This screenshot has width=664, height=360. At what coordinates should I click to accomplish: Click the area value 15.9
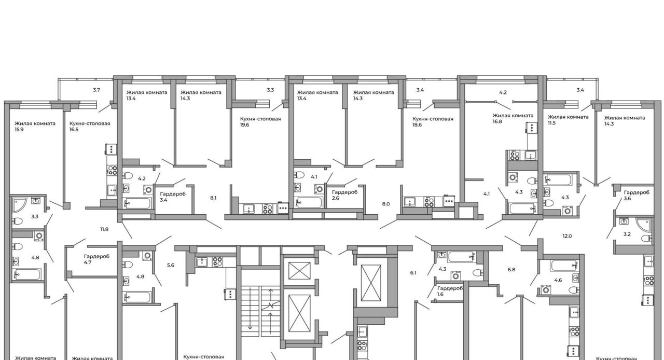[x=19, y=130]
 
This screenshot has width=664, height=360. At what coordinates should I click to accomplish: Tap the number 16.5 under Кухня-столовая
[x=74, y=130]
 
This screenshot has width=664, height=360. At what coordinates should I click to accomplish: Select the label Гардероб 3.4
[x=173, y=197]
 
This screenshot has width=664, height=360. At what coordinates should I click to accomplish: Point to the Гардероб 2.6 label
[x=345, y=195]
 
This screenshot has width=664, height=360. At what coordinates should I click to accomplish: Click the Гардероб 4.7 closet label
[x=96, y=259]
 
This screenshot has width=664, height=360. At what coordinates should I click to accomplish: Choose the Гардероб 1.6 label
[x=450, y=291]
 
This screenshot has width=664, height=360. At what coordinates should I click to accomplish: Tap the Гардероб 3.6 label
[x=637, y=196]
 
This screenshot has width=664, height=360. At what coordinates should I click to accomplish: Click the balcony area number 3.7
[x=96, y=90]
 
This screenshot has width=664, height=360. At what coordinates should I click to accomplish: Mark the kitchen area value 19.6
[x=244, y=125]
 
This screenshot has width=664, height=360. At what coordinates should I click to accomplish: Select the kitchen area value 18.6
[x=417, y=125]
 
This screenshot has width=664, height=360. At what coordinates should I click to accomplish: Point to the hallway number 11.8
[x=104, y=229]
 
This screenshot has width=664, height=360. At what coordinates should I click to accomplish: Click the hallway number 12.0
[x=567, y=236]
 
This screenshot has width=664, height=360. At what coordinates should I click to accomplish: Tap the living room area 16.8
[x=497, y=121]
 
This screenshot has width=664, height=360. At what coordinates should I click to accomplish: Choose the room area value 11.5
[x=551, y=123]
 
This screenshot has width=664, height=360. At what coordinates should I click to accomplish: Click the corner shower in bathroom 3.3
[x=19, y=204]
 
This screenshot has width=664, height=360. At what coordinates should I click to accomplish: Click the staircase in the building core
[x=260, y=311]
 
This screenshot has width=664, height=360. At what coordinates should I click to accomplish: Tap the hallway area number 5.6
[x=171, y=265]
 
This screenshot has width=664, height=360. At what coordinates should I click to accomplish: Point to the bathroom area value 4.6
[x=558, y=280]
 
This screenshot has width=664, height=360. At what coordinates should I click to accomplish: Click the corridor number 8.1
[x=213, y=198]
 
